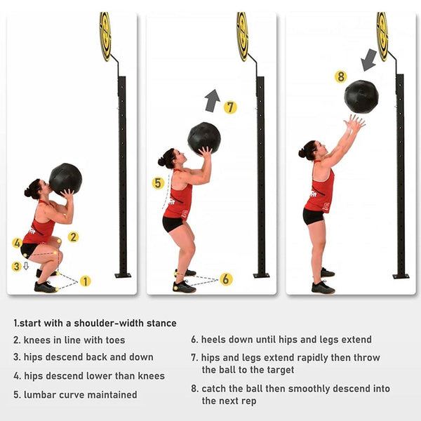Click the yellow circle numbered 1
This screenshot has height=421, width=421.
pos(85,281)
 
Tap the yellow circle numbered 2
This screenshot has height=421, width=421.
pos(73,237)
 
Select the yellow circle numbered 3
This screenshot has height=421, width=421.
pos(16,266)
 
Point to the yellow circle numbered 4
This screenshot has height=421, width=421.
pos(17,243)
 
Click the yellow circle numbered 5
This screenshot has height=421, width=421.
pos(158,183)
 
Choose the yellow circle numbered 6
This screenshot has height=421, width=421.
pos(226,279)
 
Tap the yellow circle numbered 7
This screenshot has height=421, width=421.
pos(230,107)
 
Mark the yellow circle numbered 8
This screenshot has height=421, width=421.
pos(341,76)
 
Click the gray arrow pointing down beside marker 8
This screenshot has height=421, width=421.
pos(368,60)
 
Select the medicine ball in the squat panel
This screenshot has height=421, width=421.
pos(65,179)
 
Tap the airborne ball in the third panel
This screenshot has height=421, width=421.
pos(361,96)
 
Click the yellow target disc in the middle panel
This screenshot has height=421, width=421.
pos(243,36)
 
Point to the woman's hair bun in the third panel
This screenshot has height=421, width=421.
pos(302,150)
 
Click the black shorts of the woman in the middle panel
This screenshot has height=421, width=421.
pos(173,224)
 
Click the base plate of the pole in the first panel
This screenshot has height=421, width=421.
pos(123,275)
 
